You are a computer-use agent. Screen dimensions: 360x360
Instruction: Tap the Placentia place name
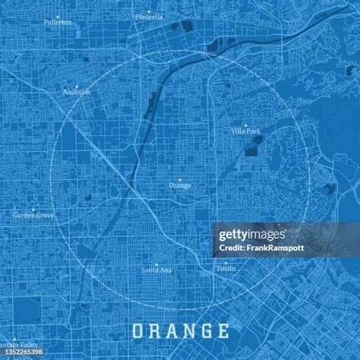click(x=148, y=16)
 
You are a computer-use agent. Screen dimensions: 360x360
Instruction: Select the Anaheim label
click(x=77, y=93)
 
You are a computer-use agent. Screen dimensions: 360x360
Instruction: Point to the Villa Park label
click(x=246, y=131)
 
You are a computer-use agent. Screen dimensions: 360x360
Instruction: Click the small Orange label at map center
click(x=180, y=185)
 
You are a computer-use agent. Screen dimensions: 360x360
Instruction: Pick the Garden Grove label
click(x=33, y=216)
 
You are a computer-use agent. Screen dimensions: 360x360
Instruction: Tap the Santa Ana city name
click(x=156, y=270)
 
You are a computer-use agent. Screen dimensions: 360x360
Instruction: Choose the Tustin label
click(x=225, y=269)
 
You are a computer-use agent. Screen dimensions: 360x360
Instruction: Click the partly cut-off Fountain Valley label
click(x=20, y=346)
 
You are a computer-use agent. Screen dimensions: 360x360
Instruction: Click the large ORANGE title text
click(x=180, y=331)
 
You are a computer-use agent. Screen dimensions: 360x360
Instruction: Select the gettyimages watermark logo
click(x=251, y=235)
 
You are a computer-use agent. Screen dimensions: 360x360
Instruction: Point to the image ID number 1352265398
click(x=23, y=353)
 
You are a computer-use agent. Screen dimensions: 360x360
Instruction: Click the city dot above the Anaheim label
click(x=77, y=87)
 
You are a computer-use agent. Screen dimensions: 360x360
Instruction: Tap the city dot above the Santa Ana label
click(x=156, y=264)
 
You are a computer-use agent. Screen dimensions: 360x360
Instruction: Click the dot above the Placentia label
click(x=148, y=10)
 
